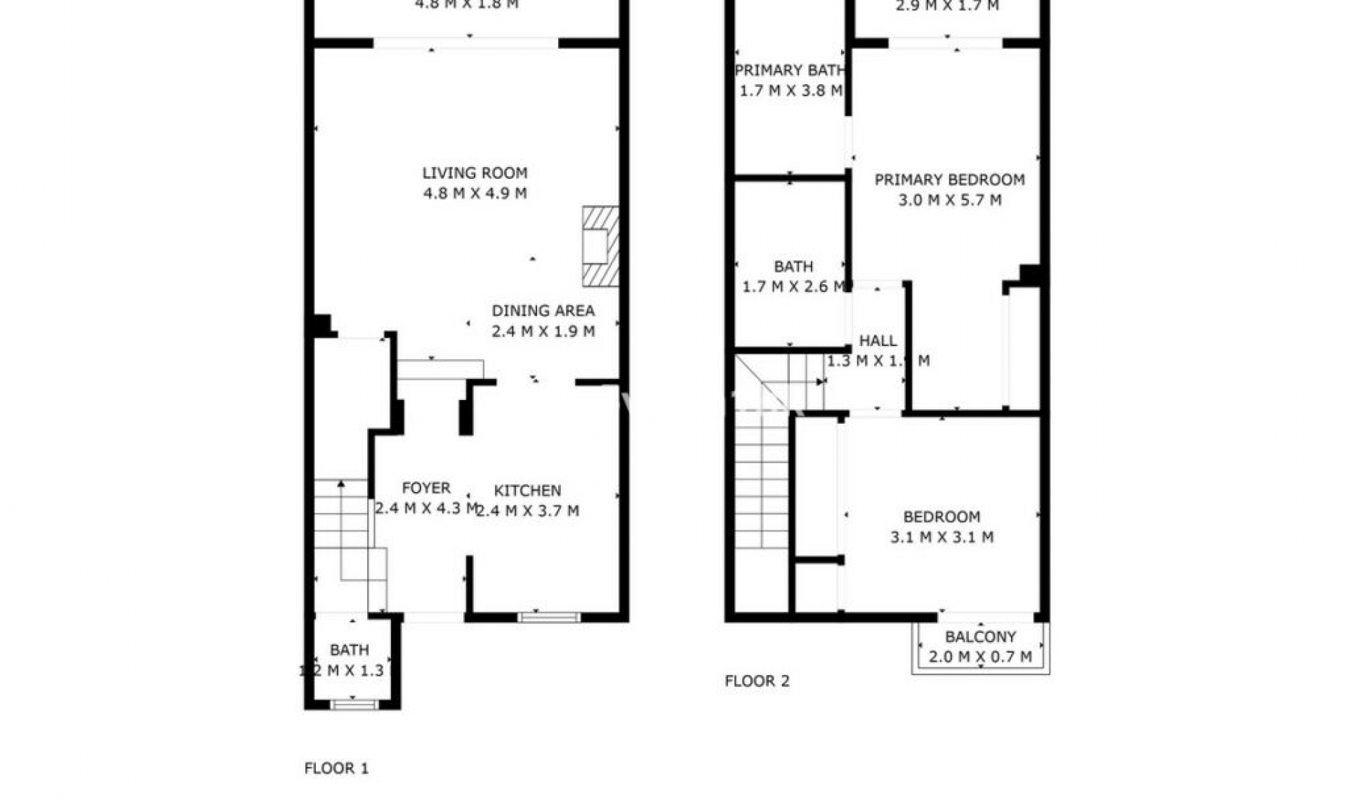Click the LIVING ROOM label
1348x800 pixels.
pyautogui.click(x=475, y=173)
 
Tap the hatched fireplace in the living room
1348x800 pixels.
pyautogui.click(x=600, y=246)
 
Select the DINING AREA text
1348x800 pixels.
pyautogui.click(x=543, y=311)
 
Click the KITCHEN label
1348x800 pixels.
pyautogui.click(x=527, y=491)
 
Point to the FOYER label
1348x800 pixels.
pyautogui.click(x=425, y=488)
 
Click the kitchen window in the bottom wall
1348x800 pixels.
pyautogui.click(x=549, y=618)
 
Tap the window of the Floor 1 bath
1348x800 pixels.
pyautogui.click(x=354, y=704)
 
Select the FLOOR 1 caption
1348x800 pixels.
pyautogui.click(x=336, y=768)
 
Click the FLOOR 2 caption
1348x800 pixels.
pyautogui.click(x=757, y=681)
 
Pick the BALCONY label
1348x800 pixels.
pyautogui.click(x=980, y=637)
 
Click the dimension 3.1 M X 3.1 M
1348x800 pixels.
pyautogui.click(x=941, y=538)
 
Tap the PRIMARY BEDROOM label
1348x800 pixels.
pyautogui.click(x=949, y=180)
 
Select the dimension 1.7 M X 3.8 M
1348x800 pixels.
pyautogui.click(x=791, y=91)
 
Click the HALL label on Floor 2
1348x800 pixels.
pyautogui.click(x=878, y=341)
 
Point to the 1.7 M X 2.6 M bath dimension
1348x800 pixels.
pyautogui.click(x=793, y=286)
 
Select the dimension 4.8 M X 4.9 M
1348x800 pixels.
pyautogui.click(x=475, y=194)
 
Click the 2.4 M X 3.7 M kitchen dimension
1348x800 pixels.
pyautogui.click(x=527, y=511)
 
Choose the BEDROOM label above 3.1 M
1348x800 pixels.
pyautogui.click(x=941, y=517)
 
